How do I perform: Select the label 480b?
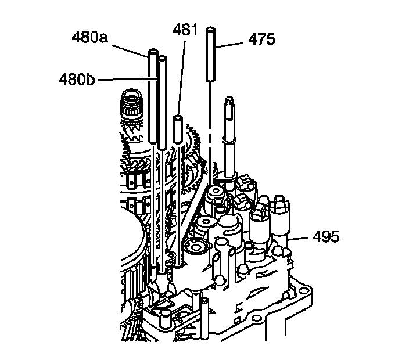[x=76, y=78]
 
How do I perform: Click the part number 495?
[x=327, y=237]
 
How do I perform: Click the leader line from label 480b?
[x=122, y=78]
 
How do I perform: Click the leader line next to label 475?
[x=232, y=41]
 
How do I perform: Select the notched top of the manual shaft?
[x=230, y=104]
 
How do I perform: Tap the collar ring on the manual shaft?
[x=231, y=140]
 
